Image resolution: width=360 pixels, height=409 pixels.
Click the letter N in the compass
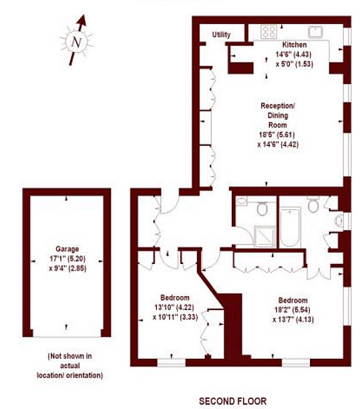point(76,42)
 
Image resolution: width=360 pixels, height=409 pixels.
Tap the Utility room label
point(221,35)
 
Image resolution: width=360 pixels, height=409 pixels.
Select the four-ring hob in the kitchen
point(268,32)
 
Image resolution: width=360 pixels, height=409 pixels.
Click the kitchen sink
point(316,32)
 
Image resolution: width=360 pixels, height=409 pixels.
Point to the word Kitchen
point(295,45)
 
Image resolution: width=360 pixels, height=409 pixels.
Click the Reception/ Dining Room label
point(278,116)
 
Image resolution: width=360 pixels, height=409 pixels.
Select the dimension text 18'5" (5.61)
point(277,134)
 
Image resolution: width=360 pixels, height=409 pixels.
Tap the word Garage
point(67,249)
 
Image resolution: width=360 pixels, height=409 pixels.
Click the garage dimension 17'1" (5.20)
point(67,259)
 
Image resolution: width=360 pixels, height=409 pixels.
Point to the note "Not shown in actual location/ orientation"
point(70,366)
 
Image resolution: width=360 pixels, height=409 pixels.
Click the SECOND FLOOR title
point(233,401)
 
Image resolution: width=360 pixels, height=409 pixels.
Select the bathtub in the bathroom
point(291,227)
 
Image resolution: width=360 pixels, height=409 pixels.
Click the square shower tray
point(265,237)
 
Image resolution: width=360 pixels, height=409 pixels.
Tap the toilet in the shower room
point(262,208)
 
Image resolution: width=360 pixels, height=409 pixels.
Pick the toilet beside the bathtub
point(313,204)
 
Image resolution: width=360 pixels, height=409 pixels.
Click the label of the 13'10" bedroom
point(175,297)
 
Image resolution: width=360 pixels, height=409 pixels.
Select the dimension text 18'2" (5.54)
point(293,310)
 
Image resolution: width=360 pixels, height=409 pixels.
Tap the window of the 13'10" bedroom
point(171,363)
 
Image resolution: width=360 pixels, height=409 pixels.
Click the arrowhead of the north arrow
point(82,21)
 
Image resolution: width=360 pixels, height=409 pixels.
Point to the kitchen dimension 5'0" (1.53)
point(295,64)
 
